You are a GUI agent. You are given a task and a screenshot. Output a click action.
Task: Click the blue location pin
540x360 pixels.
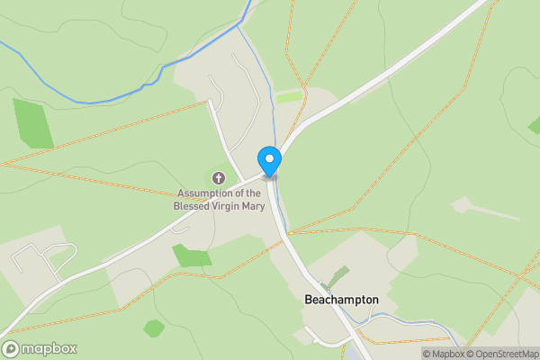(270, 160)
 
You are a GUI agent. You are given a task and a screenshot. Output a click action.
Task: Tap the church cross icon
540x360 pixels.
(219, 178)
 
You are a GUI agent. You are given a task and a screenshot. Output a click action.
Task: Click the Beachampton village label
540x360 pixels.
(341, 300)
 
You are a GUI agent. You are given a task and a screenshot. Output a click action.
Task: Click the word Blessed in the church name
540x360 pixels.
(192, 205)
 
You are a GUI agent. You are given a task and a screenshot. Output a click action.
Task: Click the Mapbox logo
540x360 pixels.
(40, 348)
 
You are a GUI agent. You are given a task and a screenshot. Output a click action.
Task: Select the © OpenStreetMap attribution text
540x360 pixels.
(498, 354)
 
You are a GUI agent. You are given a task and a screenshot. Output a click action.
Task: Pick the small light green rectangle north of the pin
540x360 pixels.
(289, 96)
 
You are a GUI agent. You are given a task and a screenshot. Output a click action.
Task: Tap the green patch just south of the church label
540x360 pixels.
(192, 256)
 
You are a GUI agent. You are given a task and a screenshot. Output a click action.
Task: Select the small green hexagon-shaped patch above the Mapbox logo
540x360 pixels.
(154, 328)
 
